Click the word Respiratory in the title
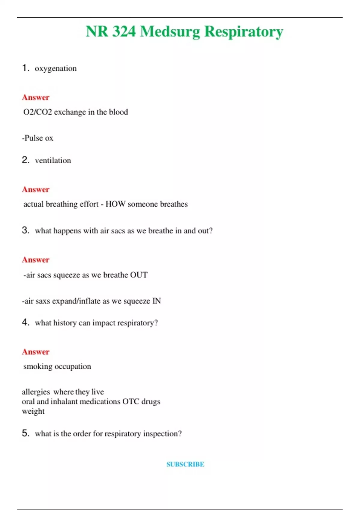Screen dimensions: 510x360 coord(244,32)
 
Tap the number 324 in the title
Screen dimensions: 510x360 coord(124,31)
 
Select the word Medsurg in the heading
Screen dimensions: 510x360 coord(170,32)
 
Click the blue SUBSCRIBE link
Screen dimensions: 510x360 coord(185,464)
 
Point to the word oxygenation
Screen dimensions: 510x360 coord(55,69)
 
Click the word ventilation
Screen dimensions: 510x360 coord(53,160)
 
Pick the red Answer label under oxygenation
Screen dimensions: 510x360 coord(35,97)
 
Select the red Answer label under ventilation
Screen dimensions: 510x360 coord(35,190)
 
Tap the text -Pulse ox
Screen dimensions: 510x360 coord(37,138)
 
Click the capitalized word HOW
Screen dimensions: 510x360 coord(115,204)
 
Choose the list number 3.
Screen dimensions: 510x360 coord(25,230)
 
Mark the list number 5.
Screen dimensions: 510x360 coord(25,433)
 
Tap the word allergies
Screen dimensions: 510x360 coord(36,392)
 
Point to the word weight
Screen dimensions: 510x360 coord(33,411)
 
